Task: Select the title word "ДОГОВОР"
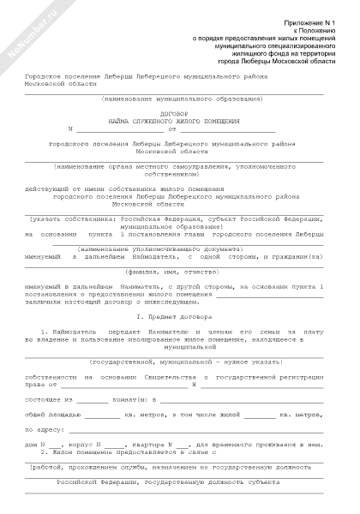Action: coord(174,113)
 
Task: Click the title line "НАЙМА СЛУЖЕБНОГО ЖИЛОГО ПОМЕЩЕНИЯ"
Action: coord(174,121)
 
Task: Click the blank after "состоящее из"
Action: coord(93,398)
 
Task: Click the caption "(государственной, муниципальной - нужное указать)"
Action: coord(174,362)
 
